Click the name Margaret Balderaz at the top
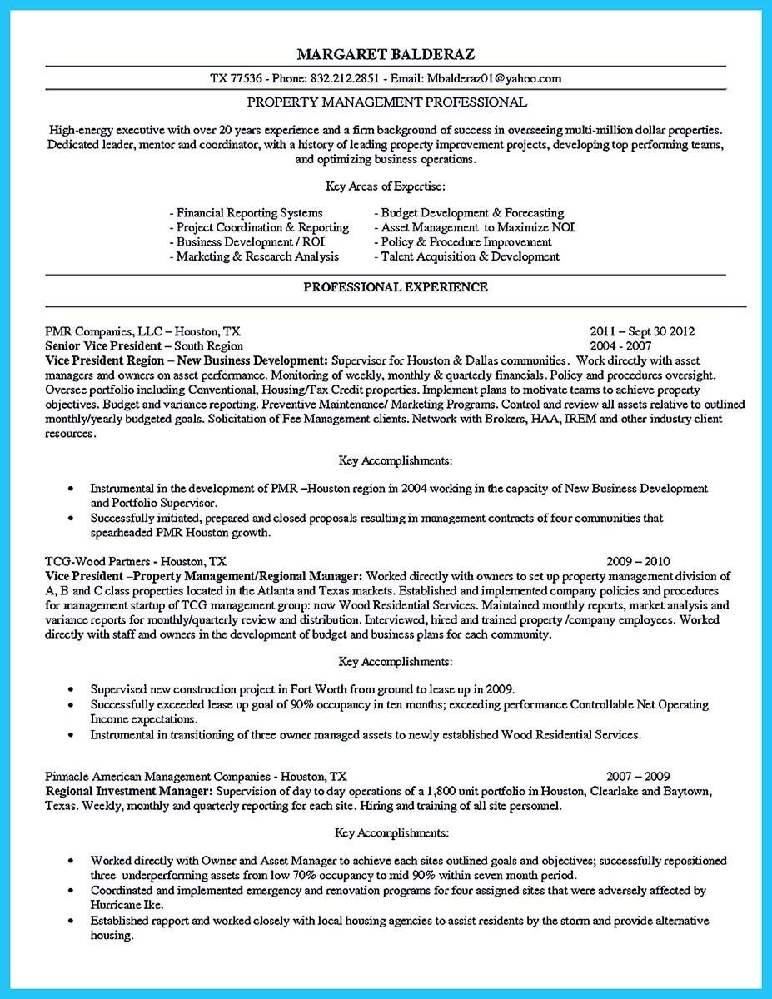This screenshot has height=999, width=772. [x=386, y=54]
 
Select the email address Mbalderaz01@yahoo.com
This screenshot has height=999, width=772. [x=495, y=79]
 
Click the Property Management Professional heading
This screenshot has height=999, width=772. [x=386, y=102]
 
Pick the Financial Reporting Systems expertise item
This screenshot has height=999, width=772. [x=246, y=212]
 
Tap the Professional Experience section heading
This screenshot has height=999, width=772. [x=386, y=286]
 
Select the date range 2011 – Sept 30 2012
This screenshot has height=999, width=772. [x=641, y=331]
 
